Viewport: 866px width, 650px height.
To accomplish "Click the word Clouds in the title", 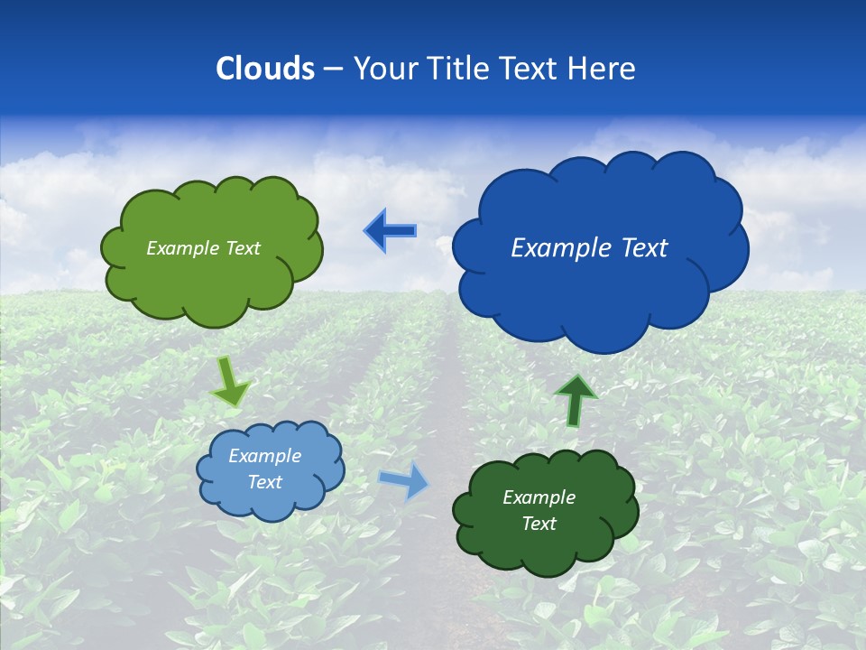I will point(265,69).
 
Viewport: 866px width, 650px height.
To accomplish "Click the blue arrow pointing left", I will point(390,231).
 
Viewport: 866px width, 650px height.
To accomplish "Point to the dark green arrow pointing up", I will point(575,400).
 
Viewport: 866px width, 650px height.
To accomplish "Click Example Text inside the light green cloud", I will point(203,248).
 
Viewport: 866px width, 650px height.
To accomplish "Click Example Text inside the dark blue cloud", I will point(589,248).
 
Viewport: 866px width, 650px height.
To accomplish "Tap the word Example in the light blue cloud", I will point(264,456).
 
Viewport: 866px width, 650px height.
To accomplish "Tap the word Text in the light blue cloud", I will point(264,482).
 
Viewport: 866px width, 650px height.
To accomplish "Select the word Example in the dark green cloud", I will point(539,497).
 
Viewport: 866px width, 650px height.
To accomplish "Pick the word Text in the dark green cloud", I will point(539,524).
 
